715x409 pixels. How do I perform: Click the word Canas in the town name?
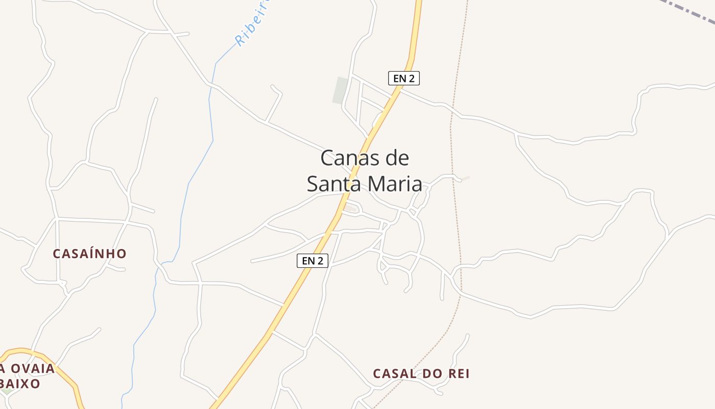tap(346, 158)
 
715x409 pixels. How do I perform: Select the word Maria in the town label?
tap(394, 184)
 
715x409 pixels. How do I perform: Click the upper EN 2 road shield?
tap(403, 78)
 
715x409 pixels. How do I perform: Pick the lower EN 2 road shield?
tap(313, 261)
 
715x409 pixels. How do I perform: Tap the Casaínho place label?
tap(89, 254)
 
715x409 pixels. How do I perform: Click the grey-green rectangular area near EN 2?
tap(341, 90)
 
